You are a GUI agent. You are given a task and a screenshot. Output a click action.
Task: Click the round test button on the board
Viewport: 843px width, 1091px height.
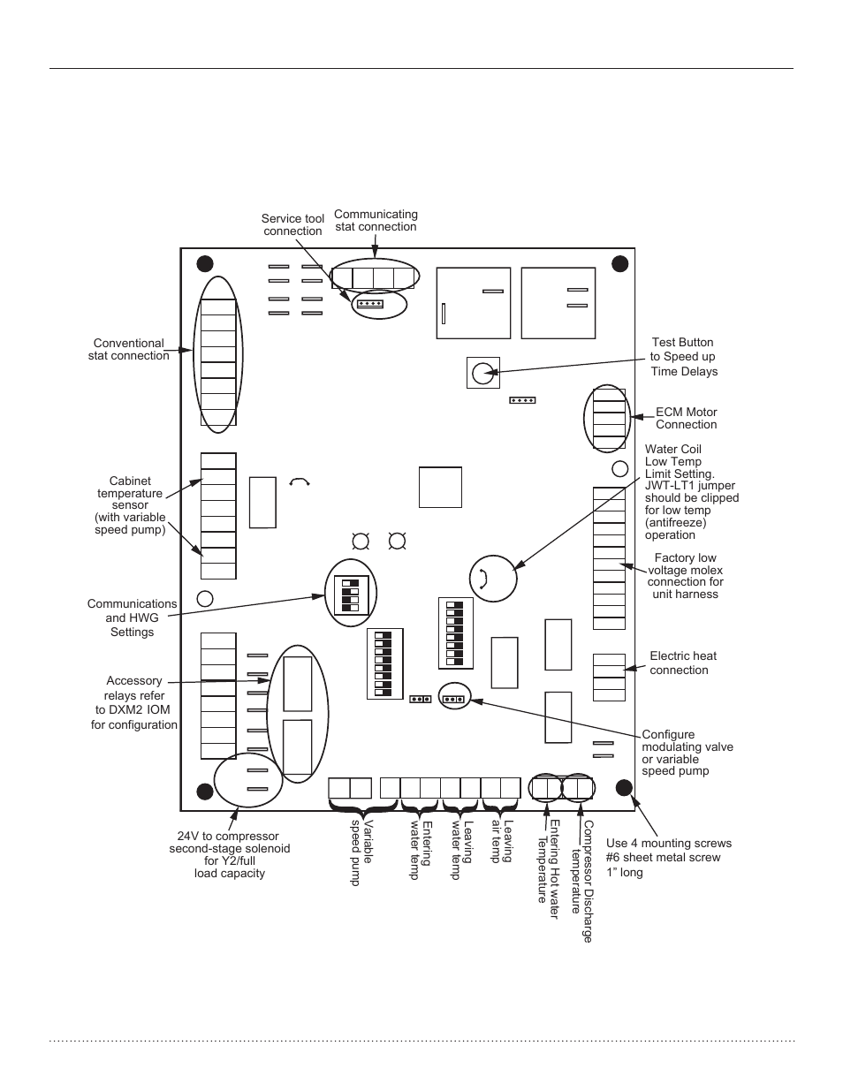pyautogui.click(x=482, y=373)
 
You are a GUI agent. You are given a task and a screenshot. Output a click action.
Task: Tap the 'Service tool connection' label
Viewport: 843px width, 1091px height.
pyautogui.click(x=292, y=225)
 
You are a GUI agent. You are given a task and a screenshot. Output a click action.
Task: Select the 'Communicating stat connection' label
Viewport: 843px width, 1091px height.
pyautogui.click(x=376, y=220)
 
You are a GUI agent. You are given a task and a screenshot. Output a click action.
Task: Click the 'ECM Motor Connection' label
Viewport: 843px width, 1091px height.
pyautogui.click(x=686, y=418)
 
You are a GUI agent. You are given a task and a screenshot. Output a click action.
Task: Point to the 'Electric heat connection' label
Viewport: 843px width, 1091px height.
pyautogui.click(x=682, y=663)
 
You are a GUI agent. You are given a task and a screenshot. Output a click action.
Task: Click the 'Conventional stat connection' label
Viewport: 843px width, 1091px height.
pyautogui.click(x=128, y=350)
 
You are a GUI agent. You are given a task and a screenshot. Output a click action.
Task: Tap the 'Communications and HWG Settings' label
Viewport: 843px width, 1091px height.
pyautogui.click(x=132, y=617)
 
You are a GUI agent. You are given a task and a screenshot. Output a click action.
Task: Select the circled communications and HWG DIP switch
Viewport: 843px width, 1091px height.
pyautogui.click(x=351, y=594)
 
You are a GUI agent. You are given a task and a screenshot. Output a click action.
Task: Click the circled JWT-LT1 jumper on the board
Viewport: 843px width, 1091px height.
pyautogui.click(x=492, y=579)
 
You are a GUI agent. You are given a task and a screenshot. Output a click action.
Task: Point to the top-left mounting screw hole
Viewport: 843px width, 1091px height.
pyautogui.click(x=204, y=263)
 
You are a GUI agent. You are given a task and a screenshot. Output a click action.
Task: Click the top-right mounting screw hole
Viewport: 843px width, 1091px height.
pyautogui.click(x=619, y=263)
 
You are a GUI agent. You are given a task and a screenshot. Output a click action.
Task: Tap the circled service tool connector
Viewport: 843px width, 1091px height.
pyautogui.click(x=368, y=304)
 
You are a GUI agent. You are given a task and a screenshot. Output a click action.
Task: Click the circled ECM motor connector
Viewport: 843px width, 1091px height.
pyautogui.click(x=608, y=419)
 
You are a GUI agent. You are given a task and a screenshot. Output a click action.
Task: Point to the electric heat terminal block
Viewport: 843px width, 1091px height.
pyautogui.click(x=609, y=678)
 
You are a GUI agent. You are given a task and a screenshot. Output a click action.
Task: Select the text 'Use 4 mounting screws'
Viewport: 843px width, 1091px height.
pyautogui.click(x=668, y=843)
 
